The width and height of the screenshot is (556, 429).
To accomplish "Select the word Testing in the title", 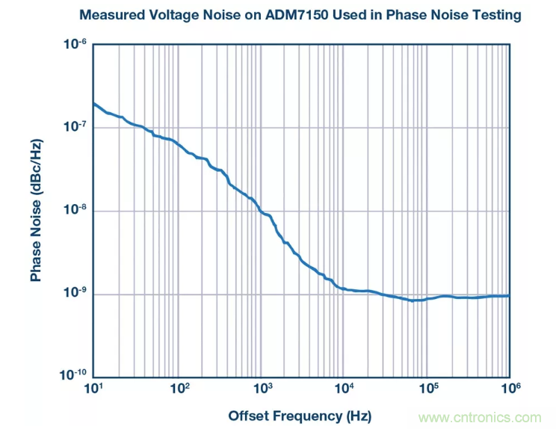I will [495, 15].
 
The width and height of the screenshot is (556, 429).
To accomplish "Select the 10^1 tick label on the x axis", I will [93, 389].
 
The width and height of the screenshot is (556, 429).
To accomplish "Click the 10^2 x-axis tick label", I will [178, 389].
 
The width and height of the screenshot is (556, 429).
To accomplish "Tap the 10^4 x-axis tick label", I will [344, 389].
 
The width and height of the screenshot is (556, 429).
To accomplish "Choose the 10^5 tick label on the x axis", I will [427, 389].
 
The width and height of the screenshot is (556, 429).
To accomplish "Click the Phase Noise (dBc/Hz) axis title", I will [35, 210].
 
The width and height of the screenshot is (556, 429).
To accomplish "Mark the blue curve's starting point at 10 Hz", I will [94, 103].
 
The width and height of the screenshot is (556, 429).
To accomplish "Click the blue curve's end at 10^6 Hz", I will [509, 296].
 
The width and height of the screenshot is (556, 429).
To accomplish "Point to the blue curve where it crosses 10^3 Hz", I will [260, 212].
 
